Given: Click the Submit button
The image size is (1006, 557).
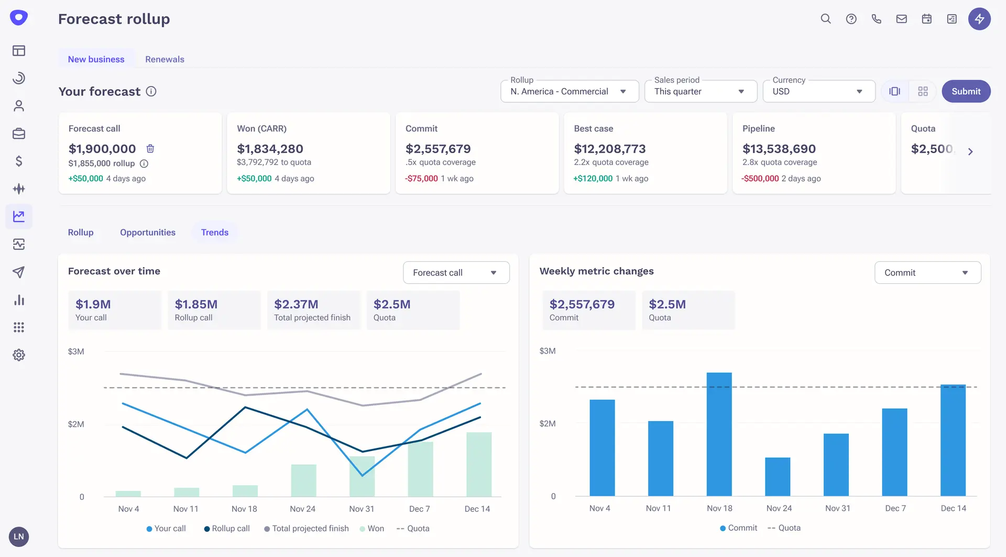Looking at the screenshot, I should [966, 91].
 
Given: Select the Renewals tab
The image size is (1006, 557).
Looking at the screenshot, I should [165, 59].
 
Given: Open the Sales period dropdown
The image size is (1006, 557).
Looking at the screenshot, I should [700, 91].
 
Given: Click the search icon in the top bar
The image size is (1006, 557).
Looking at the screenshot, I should [826, 19].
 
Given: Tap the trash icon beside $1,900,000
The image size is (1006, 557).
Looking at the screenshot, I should [150, 148].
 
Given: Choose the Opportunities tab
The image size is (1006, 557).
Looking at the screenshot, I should [147, 232].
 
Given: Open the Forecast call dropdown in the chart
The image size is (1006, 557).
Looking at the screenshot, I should [456, 273].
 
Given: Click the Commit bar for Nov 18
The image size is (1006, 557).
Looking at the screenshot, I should [719, 434].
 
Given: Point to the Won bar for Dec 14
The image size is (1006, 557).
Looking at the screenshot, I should [479, 464].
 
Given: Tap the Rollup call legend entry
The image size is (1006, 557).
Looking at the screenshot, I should [227, 529].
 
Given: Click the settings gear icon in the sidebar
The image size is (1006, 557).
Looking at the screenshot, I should [19, 355].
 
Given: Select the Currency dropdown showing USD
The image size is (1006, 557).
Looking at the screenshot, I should [818, 91].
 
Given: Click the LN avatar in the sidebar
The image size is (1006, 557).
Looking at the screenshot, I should [19, 537].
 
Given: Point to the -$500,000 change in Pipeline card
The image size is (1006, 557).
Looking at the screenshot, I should [760, 178].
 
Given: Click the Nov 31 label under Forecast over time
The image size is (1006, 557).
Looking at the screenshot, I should [362, 509].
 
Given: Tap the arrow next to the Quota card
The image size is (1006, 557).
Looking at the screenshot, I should [970, 152].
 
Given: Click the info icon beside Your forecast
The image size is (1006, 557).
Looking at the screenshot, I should [151, 91].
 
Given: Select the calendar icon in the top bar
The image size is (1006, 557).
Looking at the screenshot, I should [927, 19].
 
